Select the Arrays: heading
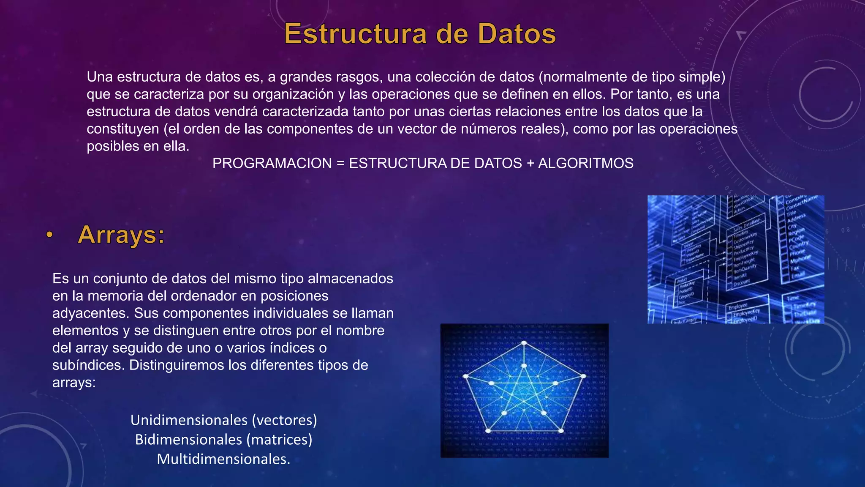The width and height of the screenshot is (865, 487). coord(121,235)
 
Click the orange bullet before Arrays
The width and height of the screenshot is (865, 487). coord(50,235)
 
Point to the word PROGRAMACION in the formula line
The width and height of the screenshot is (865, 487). coord(272,164)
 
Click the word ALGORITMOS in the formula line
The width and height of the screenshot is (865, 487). coord(585,164)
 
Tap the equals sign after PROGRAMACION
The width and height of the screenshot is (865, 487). coord(340,164)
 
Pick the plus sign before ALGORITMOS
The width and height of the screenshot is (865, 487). coord(530,164)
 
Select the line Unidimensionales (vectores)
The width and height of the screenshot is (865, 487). coord(223,420)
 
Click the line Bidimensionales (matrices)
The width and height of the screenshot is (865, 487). coord(223,440)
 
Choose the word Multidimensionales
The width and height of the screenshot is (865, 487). coord(223,459)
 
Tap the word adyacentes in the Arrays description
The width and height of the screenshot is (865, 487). coord(91,313)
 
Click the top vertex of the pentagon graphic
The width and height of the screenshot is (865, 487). coord(524,343)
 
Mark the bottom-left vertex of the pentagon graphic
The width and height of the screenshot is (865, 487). coord(488,431)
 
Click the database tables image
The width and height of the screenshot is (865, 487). coord(735,260)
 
